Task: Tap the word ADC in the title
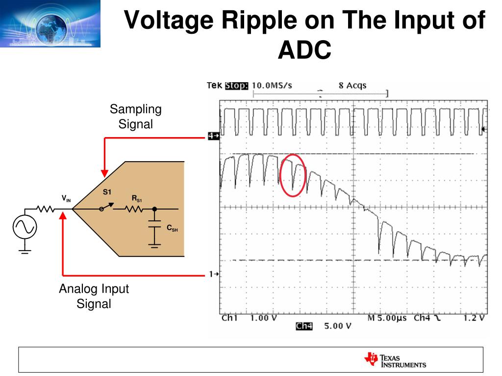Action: tap(304, 50)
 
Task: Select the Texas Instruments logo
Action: tap(395, 360)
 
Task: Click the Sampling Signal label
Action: tap(136, 117)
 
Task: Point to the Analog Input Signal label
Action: tap(94, 296)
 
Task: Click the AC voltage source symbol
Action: tap(25, 227)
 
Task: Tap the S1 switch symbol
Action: tap(106, 207)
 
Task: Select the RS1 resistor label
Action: tap(137, 199)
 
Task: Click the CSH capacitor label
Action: tap(172, 228)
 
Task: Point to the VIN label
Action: tap(66, 199)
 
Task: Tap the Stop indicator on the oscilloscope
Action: tap(236, 86)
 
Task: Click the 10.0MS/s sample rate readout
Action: tap(272, 86)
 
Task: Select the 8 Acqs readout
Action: tap(352, 86)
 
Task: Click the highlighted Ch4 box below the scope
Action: tap(304, 326)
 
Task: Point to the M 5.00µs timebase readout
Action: tap(387, 318)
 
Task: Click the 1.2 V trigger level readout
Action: tap(474, 318)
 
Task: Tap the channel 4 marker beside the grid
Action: tap(214, 136)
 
